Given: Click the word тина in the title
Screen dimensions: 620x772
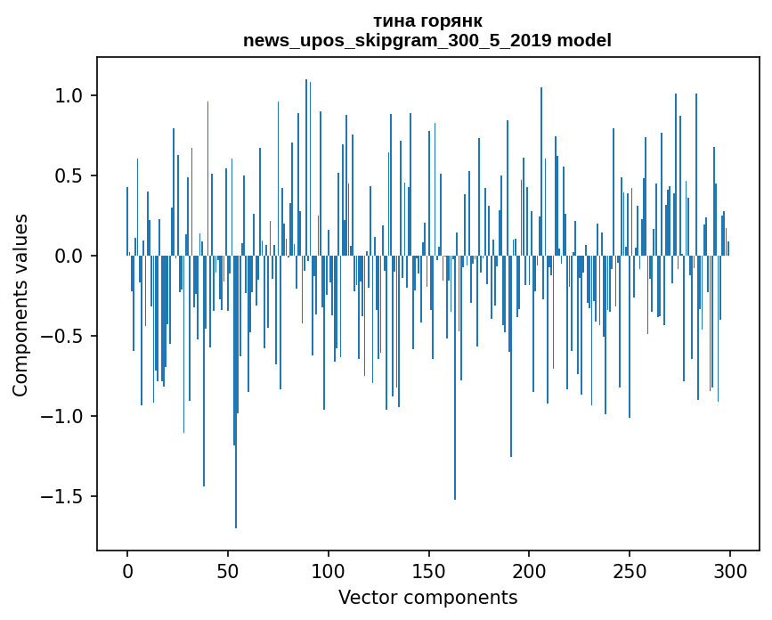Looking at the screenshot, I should coord(394,21).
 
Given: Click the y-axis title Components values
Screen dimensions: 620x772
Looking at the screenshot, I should coord(20,305).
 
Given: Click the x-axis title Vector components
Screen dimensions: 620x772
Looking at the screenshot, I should coord(427,597).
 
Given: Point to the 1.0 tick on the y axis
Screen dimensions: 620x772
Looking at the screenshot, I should coord(69,96).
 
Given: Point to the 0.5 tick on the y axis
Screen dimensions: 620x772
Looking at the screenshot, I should coord(69,176).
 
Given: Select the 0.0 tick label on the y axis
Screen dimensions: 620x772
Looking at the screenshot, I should coord(69,257).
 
